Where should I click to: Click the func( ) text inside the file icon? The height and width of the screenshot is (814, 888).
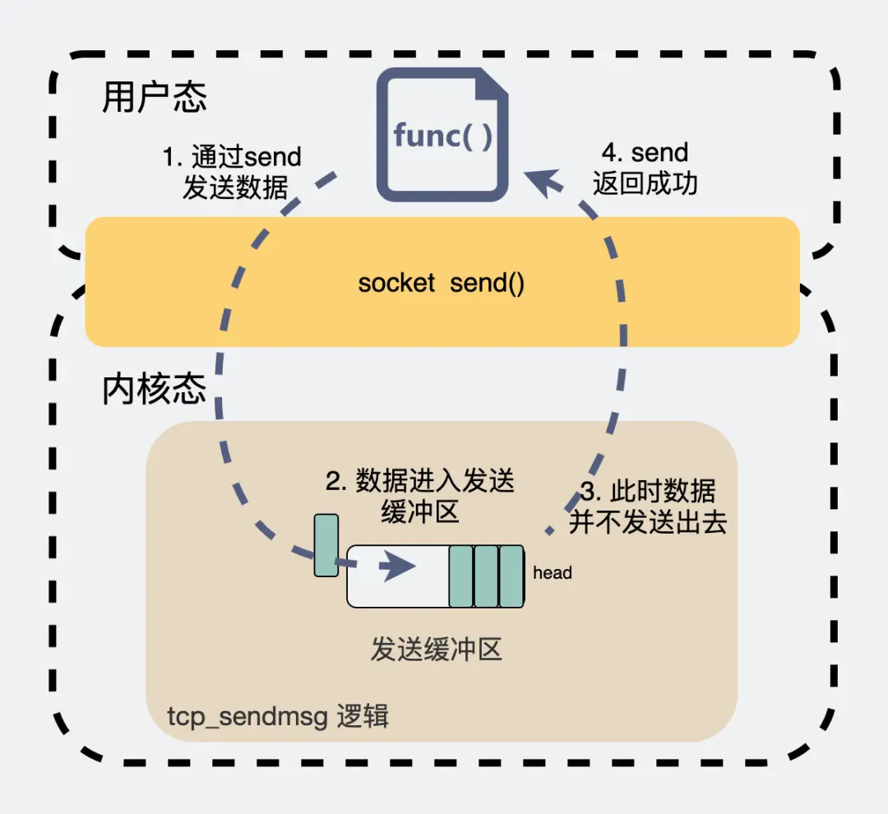442,136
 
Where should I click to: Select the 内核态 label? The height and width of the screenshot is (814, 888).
154,389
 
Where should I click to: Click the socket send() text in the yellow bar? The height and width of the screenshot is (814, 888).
442,284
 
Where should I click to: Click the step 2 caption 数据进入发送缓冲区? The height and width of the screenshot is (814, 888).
420,496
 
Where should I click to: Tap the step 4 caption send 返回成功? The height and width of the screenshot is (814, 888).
645,168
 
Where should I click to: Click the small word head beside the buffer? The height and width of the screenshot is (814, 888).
552,573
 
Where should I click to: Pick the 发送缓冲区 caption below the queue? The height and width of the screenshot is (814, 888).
436,650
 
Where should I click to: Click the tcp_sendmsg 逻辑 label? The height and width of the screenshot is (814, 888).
278,717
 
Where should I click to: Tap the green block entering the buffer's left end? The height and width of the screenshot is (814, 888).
326,544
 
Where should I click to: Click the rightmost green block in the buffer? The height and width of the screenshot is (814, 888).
511,576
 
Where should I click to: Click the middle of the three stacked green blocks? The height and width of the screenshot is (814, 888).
486,576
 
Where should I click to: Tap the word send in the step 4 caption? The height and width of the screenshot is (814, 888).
660,153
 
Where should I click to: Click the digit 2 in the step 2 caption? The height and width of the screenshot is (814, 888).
332,482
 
